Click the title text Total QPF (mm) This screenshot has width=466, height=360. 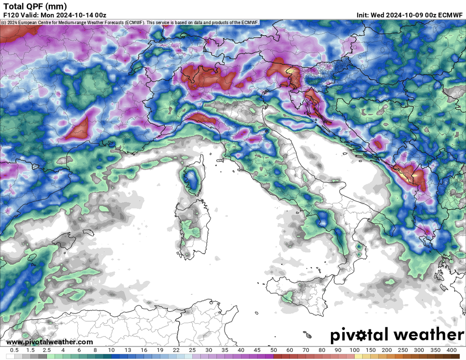(x=35, y=6)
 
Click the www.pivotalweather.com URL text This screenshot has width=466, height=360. (x=50, y=342)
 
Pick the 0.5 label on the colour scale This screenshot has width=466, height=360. (x=14, y=350)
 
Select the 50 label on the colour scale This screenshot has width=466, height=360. (x=273, y=350)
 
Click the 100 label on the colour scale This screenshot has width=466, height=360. (x=354, y=350)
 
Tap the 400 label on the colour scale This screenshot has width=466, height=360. (x=451, y=350)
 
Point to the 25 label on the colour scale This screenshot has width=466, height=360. (x=192, y=350)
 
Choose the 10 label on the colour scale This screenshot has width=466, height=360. (x=111, y=350)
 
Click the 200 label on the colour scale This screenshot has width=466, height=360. (x=387, y=350)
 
